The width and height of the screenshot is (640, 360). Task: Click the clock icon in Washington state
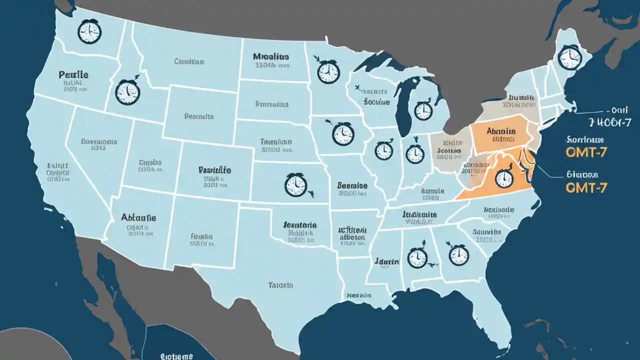point(89,32)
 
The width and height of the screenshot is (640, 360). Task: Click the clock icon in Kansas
point(296,185)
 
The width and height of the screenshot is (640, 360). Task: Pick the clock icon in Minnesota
point(328,71)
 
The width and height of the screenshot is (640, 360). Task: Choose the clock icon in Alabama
point(416,257)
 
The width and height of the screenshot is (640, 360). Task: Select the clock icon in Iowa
point(343,133)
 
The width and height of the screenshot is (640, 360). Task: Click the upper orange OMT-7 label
point(586,153)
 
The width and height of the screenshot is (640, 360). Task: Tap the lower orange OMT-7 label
point(585,187)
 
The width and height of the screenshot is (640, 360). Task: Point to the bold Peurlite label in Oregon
point(73,75)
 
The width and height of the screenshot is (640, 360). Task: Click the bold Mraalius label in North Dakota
point(271,56)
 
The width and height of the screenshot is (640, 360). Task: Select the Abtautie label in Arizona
point(138,218)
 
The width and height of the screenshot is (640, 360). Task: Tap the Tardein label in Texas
point(280,285)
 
